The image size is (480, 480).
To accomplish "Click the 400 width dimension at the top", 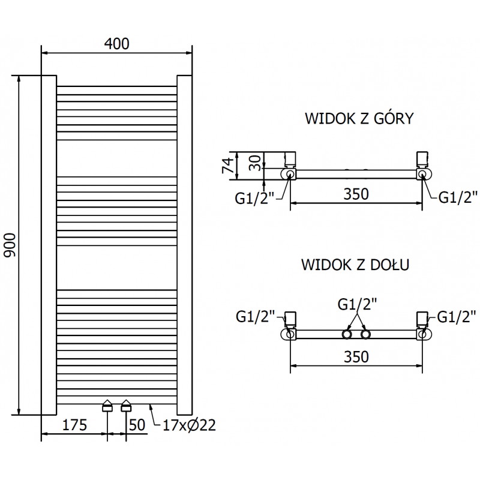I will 116,43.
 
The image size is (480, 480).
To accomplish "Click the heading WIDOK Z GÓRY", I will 358,118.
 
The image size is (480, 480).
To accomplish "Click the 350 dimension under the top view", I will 356,194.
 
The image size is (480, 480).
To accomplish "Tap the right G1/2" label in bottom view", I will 457,315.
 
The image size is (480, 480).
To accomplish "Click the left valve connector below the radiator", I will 107,406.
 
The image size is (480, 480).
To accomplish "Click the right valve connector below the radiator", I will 126,406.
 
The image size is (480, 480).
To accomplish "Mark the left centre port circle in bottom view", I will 347,334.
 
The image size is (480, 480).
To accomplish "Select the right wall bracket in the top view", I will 422,159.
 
